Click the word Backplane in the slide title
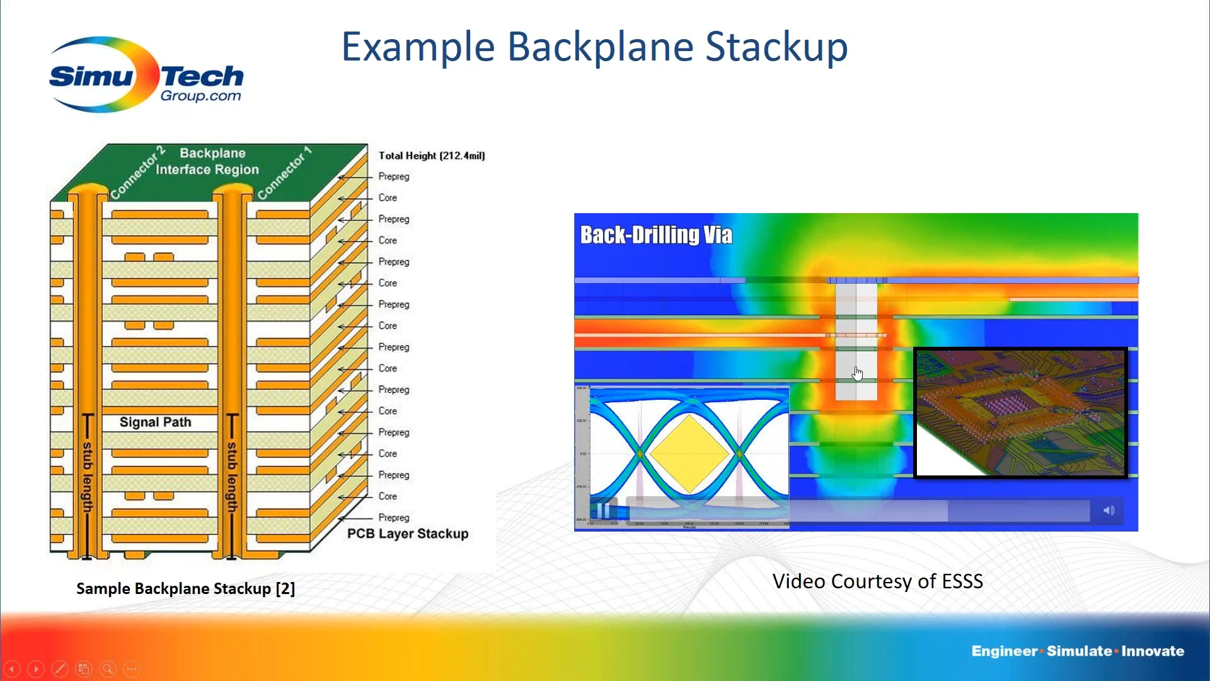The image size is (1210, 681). point(601,47)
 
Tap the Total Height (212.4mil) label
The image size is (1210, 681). point(432,156)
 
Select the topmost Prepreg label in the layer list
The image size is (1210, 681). point(393,177)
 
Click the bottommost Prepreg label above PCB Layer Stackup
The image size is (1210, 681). point(393,518)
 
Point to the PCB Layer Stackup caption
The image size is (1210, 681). point(408,534)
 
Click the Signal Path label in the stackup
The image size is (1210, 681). point(155,422)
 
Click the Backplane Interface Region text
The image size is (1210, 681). point(208,161)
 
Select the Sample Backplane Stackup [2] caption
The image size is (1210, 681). point(185,589)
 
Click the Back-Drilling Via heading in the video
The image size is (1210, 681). point(656,235)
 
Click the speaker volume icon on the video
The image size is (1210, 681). point(1109,510)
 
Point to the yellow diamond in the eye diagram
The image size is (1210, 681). point(689,454)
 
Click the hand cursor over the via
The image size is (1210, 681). point(857,373)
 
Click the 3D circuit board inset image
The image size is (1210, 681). point(1020,413)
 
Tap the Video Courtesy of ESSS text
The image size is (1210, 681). point(877,581)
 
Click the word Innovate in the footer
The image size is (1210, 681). point(1153,651)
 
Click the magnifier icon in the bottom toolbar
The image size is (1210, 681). point(108,668)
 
